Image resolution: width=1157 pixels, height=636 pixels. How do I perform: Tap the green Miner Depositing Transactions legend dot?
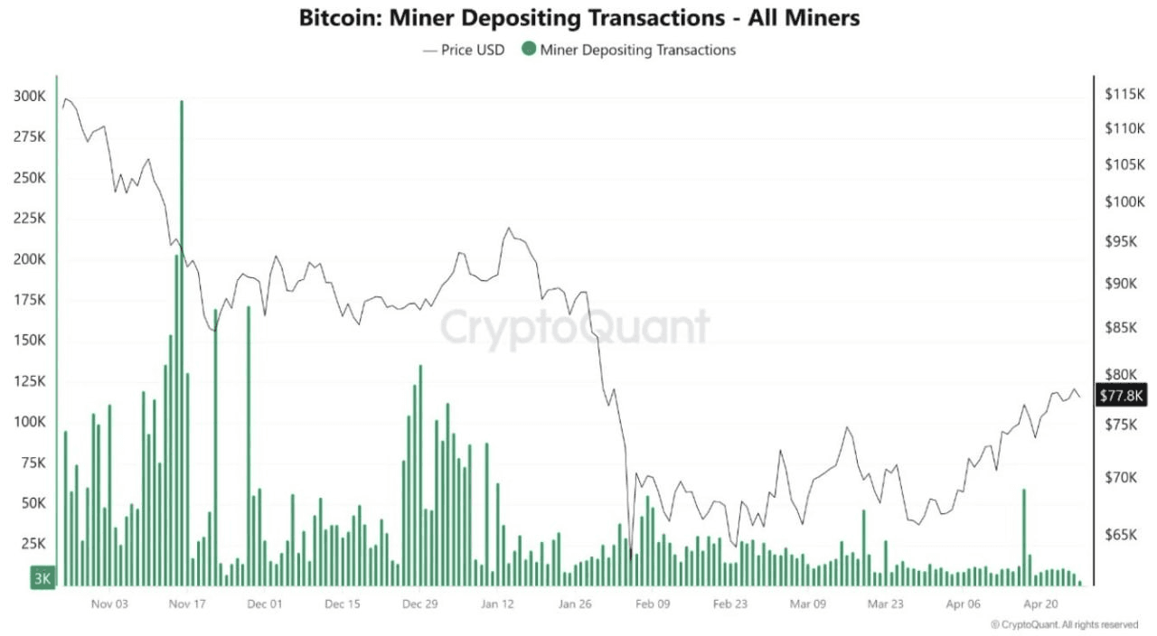coord(528,50)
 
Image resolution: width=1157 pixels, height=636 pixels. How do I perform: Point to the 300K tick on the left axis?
coord(31,97)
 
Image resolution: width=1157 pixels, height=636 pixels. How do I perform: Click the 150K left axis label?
coord(31,341)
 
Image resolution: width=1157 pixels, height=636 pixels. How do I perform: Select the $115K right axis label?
coord(1124,94)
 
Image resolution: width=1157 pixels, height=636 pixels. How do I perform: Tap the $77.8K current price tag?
coord(1121,396)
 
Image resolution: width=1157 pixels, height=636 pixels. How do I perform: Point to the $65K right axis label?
coord(1124,536)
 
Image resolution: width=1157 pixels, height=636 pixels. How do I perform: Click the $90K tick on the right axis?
coord(1124,284)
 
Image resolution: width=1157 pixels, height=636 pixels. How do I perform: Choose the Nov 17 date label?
coord(187,604)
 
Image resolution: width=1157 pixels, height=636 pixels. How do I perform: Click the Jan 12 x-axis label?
coord(497,604)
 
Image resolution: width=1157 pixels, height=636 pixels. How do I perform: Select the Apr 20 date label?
coord(1040,604)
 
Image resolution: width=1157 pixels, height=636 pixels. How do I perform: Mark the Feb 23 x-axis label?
coord(729,604)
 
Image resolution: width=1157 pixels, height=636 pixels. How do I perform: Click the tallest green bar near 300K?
coord(182,343)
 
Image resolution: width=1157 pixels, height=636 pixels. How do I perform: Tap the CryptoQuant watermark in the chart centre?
coord(575,327)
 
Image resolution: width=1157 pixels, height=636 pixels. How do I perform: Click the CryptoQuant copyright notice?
coord(1064,624)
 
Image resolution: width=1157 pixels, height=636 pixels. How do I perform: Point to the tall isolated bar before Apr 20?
coord(1023,537)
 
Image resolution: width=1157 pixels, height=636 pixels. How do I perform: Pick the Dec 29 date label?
coord(419,604)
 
